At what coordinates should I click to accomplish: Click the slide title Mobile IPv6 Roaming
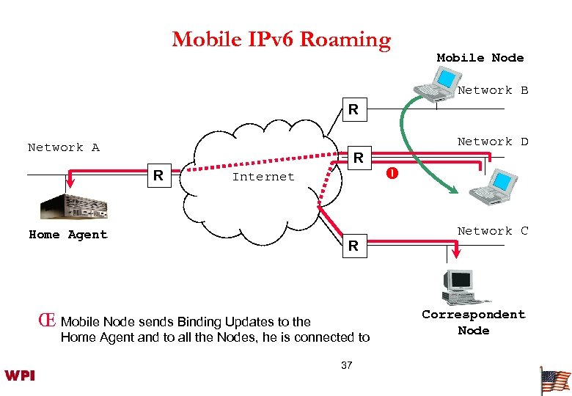click(281, 39)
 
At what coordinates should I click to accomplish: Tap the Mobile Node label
click(480, 58)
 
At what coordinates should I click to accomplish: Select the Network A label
click(63, 147)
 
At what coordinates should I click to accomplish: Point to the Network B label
click(492, 90)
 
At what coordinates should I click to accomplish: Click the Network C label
click(492, 231)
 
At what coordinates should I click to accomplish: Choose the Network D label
click(492, 142)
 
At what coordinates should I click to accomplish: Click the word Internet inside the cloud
click(263, 177)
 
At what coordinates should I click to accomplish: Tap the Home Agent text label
click(67, 235)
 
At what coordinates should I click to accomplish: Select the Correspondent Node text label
click(473, 323)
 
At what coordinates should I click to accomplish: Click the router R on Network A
click(157, 175)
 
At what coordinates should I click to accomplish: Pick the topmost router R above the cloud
click(353, 110)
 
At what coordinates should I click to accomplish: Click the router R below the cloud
click(353, 246)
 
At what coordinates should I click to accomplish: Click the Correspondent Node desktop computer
click(463, 286)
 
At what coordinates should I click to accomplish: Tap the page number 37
click(347, 365)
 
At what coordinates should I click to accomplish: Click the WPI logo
click(20, 375)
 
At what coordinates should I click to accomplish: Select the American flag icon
click(554, 380)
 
